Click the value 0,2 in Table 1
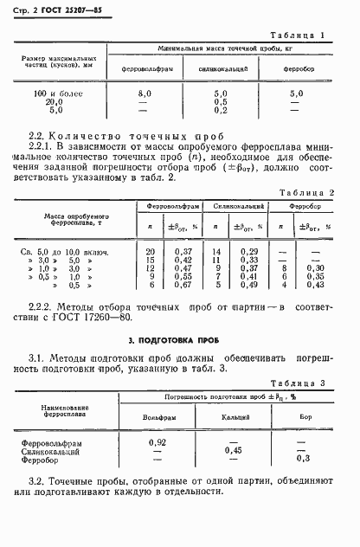pos(220,110)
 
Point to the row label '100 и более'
pos(56,92)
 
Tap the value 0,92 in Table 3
pos(157,442)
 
